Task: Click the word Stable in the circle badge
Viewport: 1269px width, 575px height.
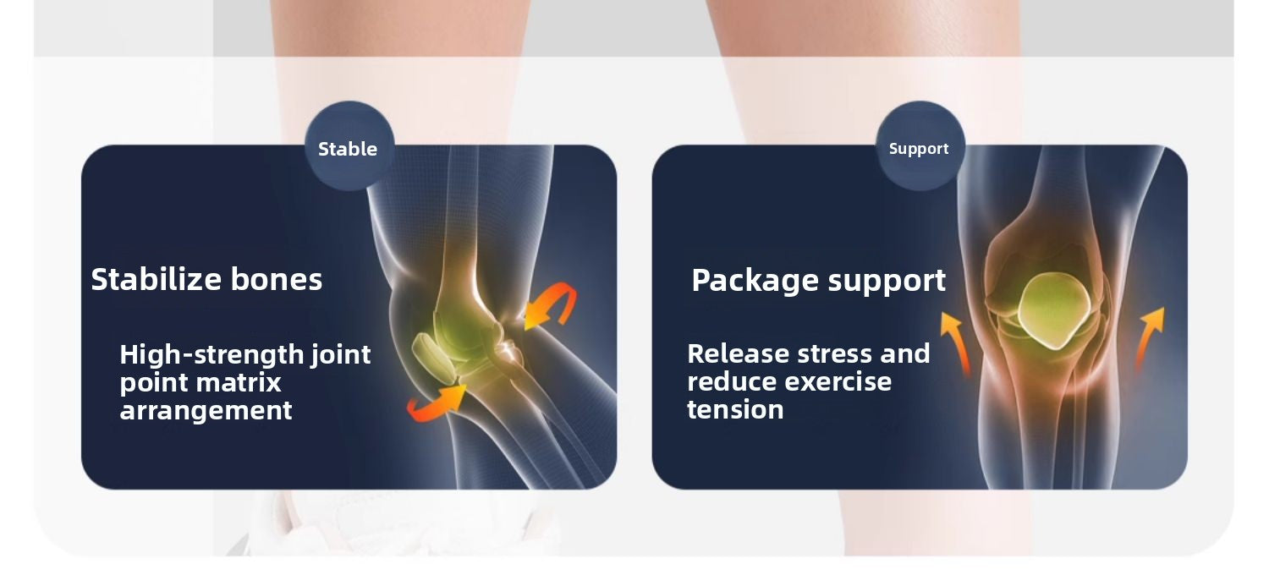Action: coord(347,149)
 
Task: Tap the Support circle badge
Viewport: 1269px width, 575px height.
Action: coord(920,146)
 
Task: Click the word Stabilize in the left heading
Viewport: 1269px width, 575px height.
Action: coord(156,279)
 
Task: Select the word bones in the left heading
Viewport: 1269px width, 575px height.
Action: coord(277,279)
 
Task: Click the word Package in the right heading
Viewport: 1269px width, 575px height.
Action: coord(755,281)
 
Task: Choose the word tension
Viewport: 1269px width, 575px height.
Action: coord(735,409)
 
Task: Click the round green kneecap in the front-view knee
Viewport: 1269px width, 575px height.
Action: coord(1054,310)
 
